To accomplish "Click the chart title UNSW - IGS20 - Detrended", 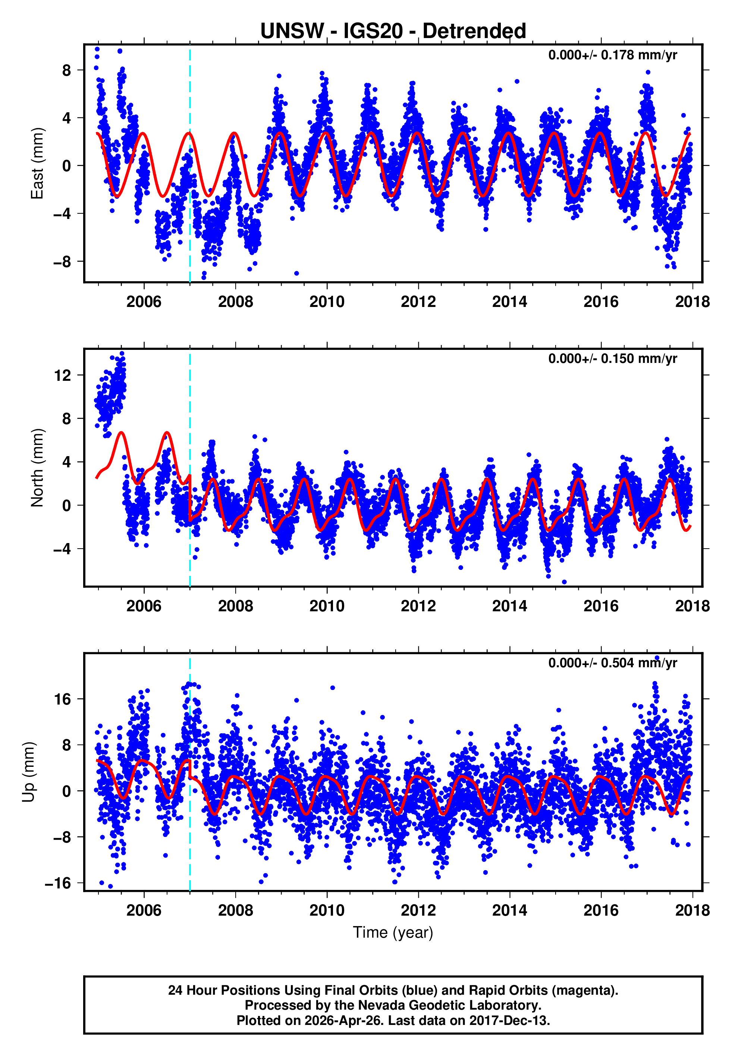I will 393,31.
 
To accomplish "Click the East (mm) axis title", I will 37,163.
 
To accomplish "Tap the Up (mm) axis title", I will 28,772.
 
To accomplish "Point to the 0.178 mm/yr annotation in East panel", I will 612,55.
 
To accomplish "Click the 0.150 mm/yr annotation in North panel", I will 612,358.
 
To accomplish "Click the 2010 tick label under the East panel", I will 327,302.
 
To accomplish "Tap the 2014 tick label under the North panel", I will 509,606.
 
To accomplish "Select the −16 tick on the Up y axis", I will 58,883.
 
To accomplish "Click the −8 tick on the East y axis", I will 62,261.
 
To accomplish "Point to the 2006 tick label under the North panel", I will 144,606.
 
